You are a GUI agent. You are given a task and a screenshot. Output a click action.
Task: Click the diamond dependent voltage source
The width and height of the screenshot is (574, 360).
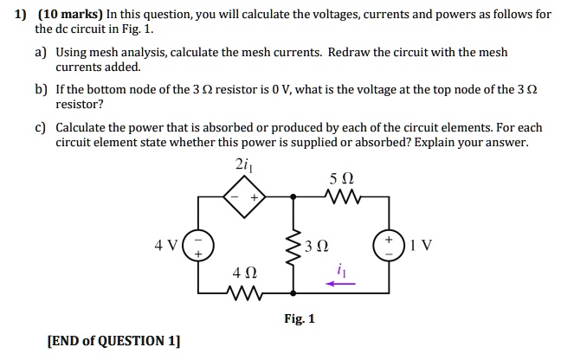coord(245,198)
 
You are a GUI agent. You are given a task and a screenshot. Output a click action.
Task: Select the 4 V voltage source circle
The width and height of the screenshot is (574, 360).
coord(198,245)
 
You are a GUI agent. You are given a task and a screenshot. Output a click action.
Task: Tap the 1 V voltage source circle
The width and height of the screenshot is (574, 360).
coord(390,245)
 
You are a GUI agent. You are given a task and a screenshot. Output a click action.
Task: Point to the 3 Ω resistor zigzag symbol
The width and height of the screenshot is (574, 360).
coord(293,245)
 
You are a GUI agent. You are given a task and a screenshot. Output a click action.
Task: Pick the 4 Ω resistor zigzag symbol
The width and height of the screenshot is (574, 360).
coord(245,292)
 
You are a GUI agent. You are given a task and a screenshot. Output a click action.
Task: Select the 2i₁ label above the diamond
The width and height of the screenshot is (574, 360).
coord(243,166)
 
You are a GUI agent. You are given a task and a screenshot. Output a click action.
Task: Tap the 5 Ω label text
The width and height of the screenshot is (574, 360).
coord(341,180)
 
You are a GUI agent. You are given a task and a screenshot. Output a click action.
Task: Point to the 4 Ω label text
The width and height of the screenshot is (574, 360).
coord(244,273)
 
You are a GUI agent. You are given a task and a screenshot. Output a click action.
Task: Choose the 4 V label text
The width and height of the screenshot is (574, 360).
coord(165,245)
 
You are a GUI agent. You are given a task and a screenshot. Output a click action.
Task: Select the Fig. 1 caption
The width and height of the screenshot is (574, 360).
coord(300,318)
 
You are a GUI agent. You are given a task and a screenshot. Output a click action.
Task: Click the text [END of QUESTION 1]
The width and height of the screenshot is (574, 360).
coord(113,340)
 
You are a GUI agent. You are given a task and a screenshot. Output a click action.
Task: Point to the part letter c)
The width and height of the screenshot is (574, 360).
coord(41,127)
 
